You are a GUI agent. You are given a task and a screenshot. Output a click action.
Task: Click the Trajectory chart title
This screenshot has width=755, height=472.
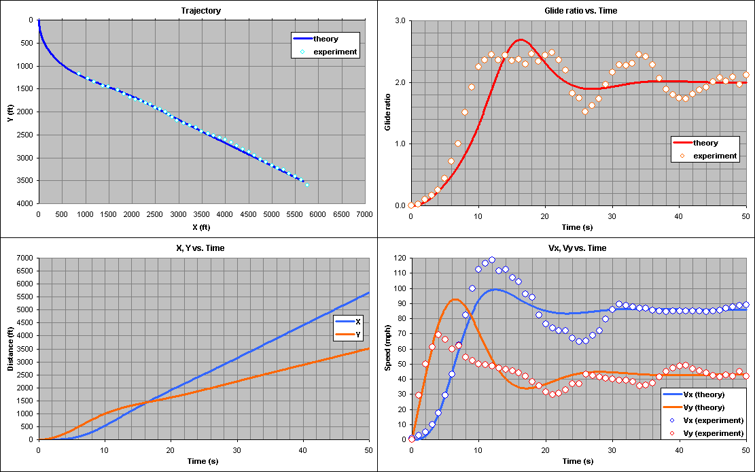point(200,11)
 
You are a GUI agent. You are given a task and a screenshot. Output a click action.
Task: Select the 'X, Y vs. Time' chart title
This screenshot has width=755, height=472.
point(200,248)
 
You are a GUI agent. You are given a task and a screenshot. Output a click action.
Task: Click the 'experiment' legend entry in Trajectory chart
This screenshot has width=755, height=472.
point(331,52)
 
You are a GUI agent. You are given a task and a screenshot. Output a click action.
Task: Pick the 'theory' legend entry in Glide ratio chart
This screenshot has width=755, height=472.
point(705,143)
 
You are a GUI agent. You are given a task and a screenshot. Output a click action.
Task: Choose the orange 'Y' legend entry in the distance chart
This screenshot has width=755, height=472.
point(358,335)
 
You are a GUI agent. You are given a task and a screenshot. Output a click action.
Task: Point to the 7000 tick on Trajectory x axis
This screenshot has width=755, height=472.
point(365,214)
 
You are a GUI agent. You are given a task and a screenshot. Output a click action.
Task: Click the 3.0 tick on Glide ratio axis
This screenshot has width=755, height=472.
point(400,21)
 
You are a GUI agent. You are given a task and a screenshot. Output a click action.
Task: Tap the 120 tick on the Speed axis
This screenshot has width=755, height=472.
point(400,258)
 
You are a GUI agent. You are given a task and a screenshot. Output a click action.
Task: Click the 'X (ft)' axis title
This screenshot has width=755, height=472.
point(200,226)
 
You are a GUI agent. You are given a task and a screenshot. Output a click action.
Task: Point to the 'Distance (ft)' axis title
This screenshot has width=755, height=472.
point(10,349)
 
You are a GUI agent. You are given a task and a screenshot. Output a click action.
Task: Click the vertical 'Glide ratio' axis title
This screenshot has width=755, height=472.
point(388,113)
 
